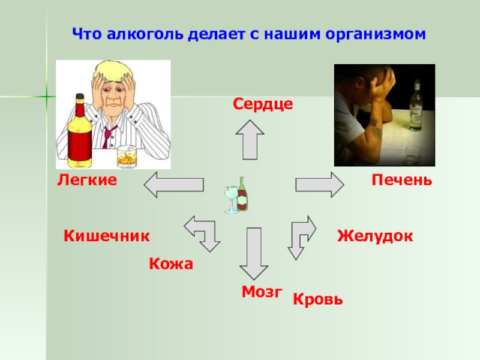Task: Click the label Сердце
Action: (x=263, y=104)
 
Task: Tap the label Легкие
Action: (x=87, y=179)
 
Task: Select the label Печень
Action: (x=401, y=179)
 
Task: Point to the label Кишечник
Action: (x=106, y=235)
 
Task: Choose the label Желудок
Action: (x=375, y=235)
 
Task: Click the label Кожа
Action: (x=171, y=264)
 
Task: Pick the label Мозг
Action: (x=262, y=292)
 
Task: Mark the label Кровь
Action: (x=318, y=299)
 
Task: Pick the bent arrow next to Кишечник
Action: (x=203, y=234)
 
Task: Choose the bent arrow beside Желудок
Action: (x=301, y=236)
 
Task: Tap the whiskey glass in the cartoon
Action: (x=127, y=157)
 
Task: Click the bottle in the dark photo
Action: (x=415, y=111)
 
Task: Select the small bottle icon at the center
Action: (x=242, y=194)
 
